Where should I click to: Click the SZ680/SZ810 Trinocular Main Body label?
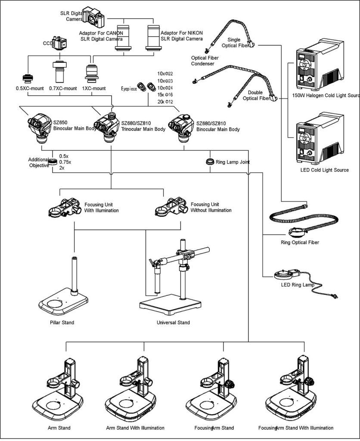click(143, 126)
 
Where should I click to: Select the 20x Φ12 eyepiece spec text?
click(166, 102)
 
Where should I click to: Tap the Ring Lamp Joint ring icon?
click(210, 162)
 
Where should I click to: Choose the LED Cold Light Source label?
click(324, 170)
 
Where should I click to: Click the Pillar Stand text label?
click(62, 323)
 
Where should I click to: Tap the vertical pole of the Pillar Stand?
click(75, 276)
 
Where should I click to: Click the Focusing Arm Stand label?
click(214, 428)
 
